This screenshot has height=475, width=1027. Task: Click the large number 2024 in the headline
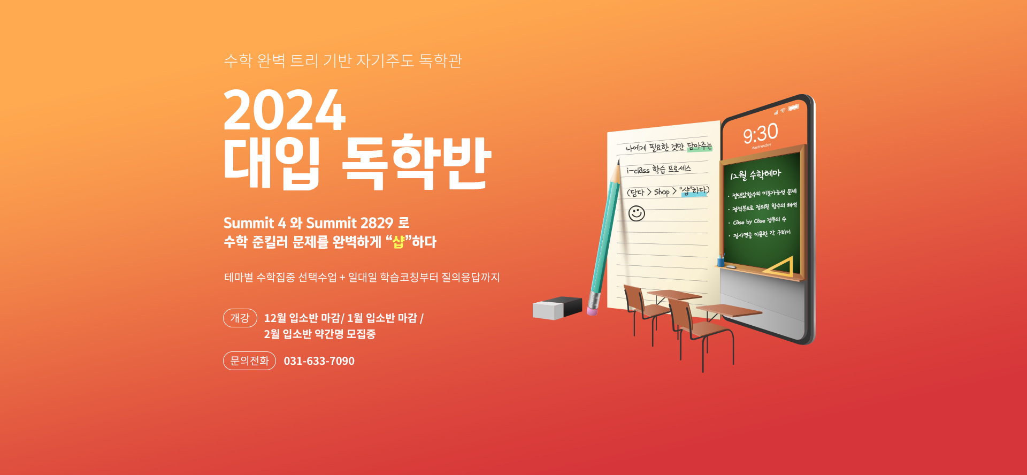285,110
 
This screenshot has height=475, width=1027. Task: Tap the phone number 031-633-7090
319,361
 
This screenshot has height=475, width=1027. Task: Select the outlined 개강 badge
240,318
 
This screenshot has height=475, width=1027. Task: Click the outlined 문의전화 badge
249,361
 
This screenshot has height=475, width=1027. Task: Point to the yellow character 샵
398,242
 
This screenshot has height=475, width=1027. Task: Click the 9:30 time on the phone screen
760,134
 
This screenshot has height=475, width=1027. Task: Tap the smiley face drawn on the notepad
637,213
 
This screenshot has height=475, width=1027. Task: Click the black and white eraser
557,308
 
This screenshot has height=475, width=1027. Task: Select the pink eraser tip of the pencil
592,310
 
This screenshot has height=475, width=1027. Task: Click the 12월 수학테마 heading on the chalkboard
755,174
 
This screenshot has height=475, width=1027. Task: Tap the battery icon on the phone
793,108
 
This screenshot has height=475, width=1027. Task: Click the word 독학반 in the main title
416,162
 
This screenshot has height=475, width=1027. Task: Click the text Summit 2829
350,223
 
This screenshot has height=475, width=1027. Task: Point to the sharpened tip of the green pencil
618,162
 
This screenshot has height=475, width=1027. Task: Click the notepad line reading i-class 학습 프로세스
659,169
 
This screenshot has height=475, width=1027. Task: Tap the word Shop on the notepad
662,191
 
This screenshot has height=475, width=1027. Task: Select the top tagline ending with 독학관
343,60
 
